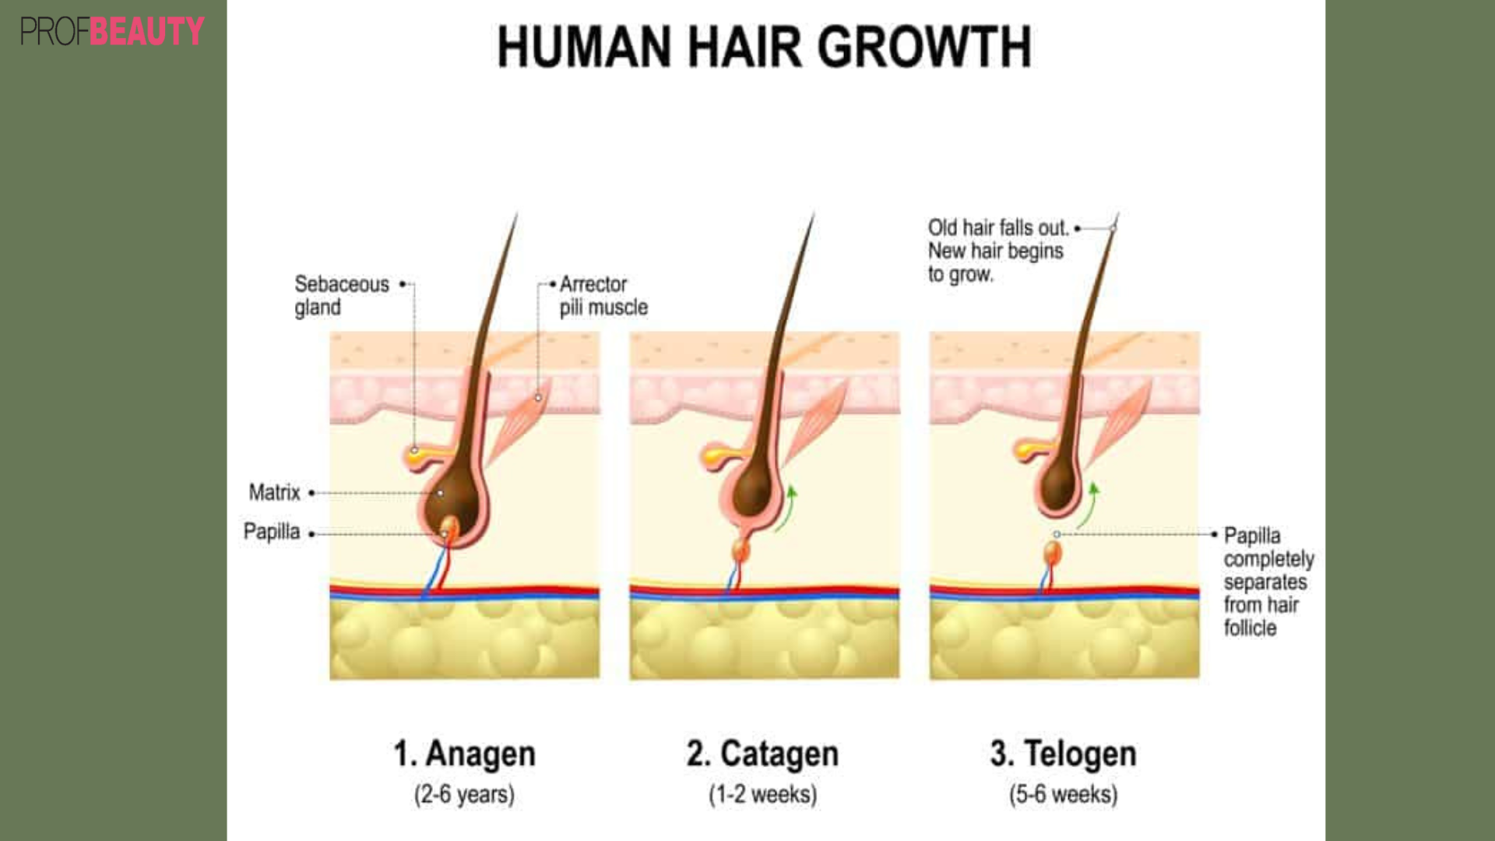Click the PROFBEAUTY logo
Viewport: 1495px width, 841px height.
pyautogui.click(x=111, y=31)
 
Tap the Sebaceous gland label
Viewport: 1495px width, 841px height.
pyautogui.click(x=341, y=295)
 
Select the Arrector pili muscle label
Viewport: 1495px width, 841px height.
pyautogui.click(x=603, y=295)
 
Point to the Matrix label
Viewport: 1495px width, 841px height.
pyautogui.click(x=274, y=492)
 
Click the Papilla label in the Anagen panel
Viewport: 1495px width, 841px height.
pyautogui.click(x=271, y=531)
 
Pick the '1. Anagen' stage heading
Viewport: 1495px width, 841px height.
pyautogui.click(x=464, y=754)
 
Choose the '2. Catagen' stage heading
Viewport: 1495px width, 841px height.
pyautogui.click(x=762, y=754)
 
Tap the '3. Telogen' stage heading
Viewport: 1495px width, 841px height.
pyautogui.click(x=1063, y=754)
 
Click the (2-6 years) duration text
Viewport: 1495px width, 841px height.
pyautogui.click(x=464, y=794)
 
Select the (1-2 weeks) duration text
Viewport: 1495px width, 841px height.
pyautogui.click(x=762, y=794)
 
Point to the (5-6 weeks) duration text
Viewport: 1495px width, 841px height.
pyautogui.click(x=1063, y=794)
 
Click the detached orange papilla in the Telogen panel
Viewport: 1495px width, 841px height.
pyautogui.click(x=1053, y=553)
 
